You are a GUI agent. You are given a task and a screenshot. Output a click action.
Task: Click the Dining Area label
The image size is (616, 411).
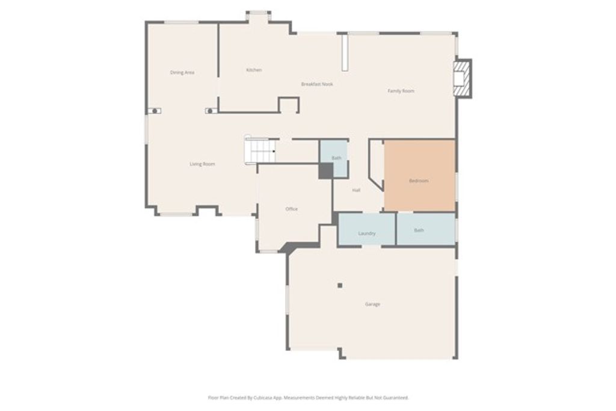pyautogui.click(x=182, y=73)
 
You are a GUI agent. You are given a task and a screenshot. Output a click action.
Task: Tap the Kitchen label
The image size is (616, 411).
pyautogui.click(x=254, y=70)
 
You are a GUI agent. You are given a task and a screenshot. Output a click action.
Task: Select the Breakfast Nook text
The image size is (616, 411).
pyautogui.click(x=317, y=84)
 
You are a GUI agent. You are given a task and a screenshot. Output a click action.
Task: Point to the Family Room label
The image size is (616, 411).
pyautogui.click(x=401, y=91)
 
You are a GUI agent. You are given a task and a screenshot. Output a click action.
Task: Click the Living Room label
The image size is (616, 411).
pyautogui.click(x=202, y=164)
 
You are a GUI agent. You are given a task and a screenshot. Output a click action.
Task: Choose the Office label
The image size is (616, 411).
pyautogui.click(x=291, y=209)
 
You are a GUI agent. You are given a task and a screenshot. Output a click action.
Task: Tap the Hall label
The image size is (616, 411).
pyautogui.click(x=356, y=190)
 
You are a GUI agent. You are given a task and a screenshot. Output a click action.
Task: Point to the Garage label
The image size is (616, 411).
pyautogui.click(x=372, y=304)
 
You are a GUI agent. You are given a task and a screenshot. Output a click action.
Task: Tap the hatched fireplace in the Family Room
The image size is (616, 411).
pyautogui.click(x=461, y=78)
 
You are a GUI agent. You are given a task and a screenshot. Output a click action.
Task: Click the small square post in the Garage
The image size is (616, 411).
pyautogui.click(x=340, y=285)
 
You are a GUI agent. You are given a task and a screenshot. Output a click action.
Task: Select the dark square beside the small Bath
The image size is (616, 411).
pyautogui.click(x=325, y=171)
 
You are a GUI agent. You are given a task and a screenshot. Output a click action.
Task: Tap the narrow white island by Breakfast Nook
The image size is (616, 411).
pyautogui.click(x=345, y=53)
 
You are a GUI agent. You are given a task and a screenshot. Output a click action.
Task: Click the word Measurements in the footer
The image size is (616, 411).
pyautogui.click(x=298, y=398)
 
